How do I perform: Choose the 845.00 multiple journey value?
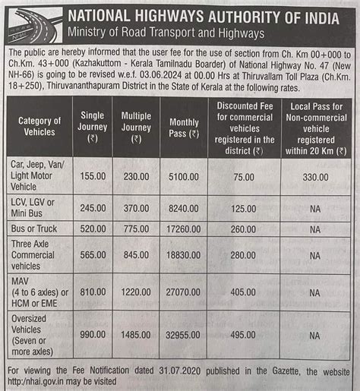point(137,256)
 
